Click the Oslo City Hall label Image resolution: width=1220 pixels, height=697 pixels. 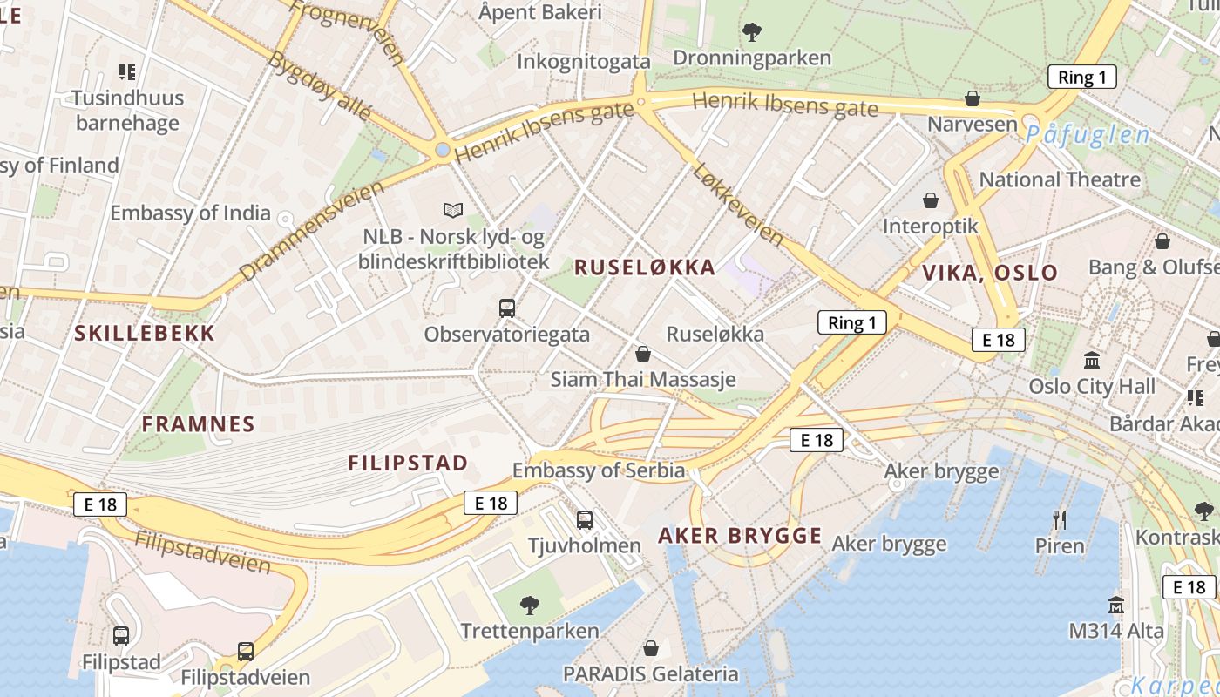[x=1092, y=386]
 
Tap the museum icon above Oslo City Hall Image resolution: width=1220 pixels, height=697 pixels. [x=1091, y=360]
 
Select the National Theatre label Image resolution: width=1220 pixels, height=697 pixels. [x=1060, y=179]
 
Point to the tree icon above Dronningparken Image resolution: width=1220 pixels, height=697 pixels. [x=752, y=33]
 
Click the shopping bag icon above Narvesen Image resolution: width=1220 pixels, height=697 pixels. [x=973, y=98]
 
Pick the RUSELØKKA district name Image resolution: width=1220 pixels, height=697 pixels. [x=645, y=267]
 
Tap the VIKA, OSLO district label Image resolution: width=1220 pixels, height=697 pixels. [x=990, y=272]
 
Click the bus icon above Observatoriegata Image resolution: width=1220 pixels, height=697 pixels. [x=506, y=308]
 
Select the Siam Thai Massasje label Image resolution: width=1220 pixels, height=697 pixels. [x=643, y=380]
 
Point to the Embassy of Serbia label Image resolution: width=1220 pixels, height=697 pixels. [x=599, y=470]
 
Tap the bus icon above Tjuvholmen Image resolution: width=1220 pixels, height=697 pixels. [x=585, y=520]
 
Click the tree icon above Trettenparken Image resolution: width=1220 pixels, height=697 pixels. [x=529, y=605]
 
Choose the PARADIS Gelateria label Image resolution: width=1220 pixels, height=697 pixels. [x=650, y=673]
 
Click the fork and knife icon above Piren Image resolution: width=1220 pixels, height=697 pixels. [x=1060, y=520]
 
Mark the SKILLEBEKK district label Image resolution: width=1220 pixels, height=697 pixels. [x=145, y=333]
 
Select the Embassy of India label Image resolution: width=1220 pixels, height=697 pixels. [x=190, y=213]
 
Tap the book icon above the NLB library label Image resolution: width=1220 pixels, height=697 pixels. [x=452, y=210]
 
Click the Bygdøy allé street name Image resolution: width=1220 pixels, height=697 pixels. [x=321, y=85]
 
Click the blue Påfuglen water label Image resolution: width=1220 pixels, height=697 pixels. [x=1088, y=135]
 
